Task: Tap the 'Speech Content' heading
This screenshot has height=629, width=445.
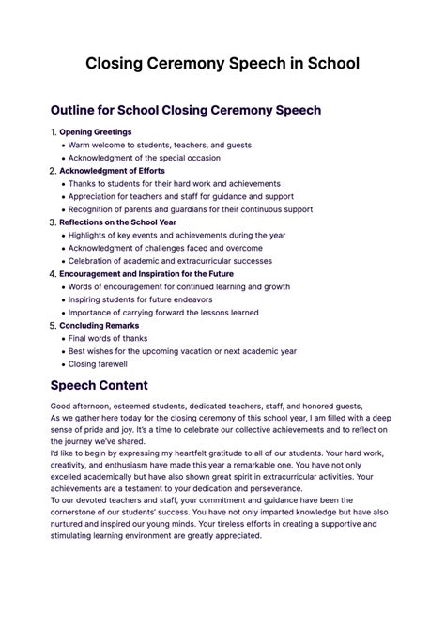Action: (99, 385)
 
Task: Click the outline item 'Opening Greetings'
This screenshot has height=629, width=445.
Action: (95, 132)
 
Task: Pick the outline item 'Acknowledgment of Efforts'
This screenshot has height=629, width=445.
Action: (112, 171)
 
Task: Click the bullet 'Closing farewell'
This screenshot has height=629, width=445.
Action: (98, 363)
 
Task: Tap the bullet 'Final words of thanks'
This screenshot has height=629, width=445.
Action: (108, 338)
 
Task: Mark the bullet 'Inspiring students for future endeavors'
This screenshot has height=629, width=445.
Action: (146, 299)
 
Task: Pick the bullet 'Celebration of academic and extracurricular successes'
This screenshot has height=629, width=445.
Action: (170, 261)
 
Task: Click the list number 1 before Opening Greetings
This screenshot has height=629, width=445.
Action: (53, 132)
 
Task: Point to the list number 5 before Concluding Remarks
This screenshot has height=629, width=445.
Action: (53, 325)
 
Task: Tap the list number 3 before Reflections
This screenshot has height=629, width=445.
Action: (53, 222)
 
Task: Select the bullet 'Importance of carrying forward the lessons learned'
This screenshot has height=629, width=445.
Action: (163, 313)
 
